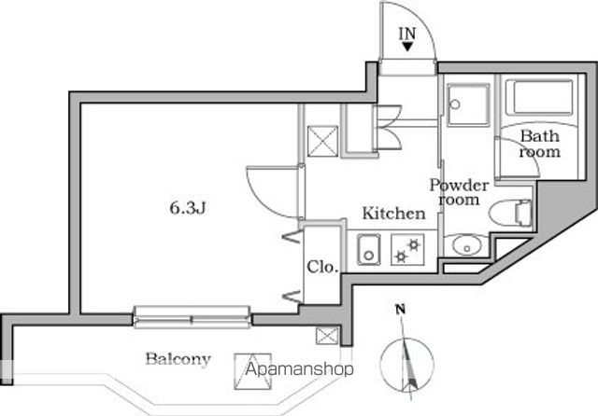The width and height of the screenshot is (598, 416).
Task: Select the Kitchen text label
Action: click(393, 214)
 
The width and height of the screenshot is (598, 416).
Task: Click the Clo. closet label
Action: click(321, 266)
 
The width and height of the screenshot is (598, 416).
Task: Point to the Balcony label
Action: click(178, 359)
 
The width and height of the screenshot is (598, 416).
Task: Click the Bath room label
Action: click(540, 144)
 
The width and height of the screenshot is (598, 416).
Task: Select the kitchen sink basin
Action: click(366, 250)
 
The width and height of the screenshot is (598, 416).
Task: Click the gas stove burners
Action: click(407, 250)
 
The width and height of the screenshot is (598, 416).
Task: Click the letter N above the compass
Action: click(399, 310)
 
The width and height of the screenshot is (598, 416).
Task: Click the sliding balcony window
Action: click(192, 318)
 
